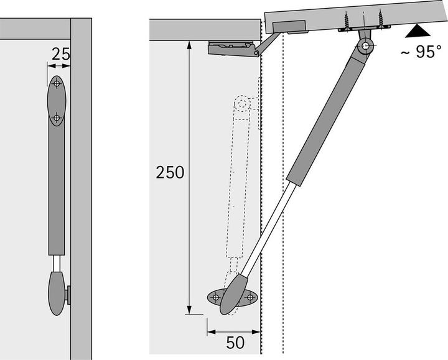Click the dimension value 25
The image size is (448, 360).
(x=60, y=54)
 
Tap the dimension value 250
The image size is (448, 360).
(x=170, y=172)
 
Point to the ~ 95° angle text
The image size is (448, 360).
(x=420, y=53)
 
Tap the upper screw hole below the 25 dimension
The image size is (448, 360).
(x=57, y=83)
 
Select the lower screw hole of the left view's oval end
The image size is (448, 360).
(x=57, y=116)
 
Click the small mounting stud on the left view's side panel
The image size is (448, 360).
(x=68, y=295)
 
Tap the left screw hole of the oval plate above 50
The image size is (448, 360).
(x=216, y=298)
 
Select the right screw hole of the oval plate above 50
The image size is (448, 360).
(x=251, y=298)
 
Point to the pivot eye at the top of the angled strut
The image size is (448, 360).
(x=366, y=45)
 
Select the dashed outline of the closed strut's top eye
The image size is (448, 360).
(x=245, y=103)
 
